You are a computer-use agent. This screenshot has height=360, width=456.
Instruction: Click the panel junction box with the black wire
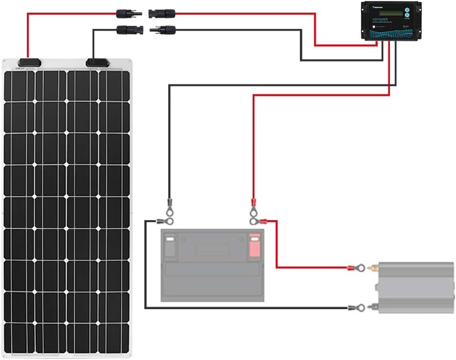coord(97,62)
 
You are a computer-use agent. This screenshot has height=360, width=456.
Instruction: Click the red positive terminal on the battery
coord(255,246)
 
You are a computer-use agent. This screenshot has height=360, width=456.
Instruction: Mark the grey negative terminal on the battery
coord(170,246)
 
